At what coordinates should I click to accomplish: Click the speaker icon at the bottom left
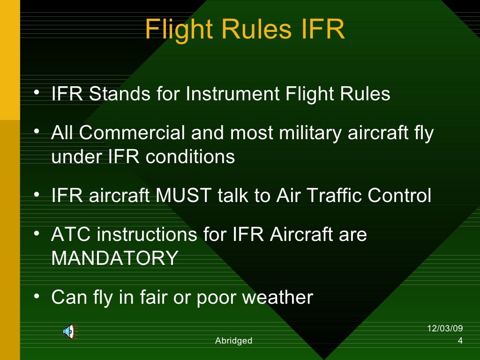[69, 332]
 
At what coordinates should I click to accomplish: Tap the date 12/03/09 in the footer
[445, 329]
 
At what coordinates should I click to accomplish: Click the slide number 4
[460, 341]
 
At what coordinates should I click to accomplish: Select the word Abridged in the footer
[233, 341]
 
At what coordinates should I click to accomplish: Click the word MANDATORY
[114, 258]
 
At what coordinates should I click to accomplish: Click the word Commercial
[132, 133]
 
